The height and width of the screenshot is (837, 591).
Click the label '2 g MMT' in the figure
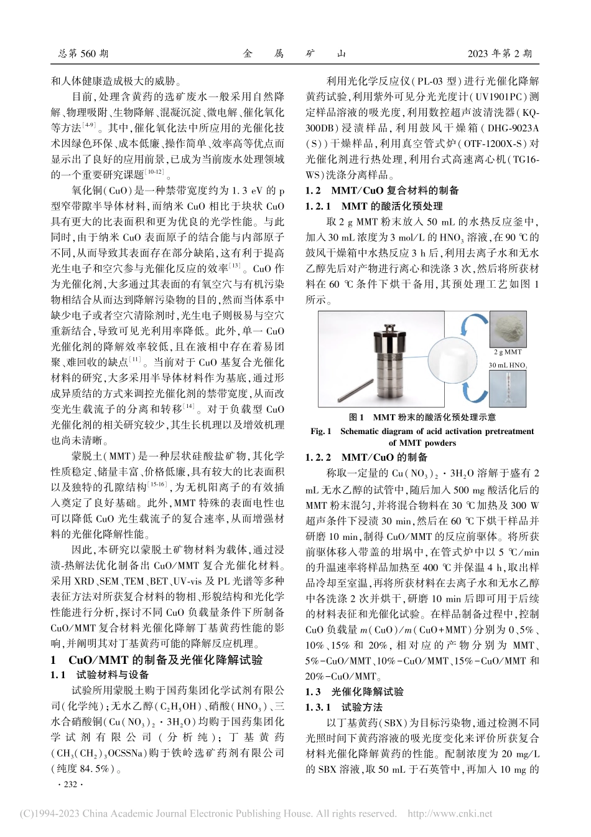coord(508,352)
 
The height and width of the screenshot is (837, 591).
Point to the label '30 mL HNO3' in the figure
coord(510,366)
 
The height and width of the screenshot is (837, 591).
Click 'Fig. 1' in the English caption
coord(321,431)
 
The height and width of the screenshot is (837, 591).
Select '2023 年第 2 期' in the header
coord(500,54)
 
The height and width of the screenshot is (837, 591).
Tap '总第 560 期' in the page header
coord(83,54)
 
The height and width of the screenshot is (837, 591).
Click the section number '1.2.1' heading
coord(318,206)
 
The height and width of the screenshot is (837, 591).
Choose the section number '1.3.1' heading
coord(318,707)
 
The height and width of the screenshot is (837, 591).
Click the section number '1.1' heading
coord(58,675)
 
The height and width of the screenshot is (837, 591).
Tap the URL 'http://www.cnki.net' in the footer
coord(449,813)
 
